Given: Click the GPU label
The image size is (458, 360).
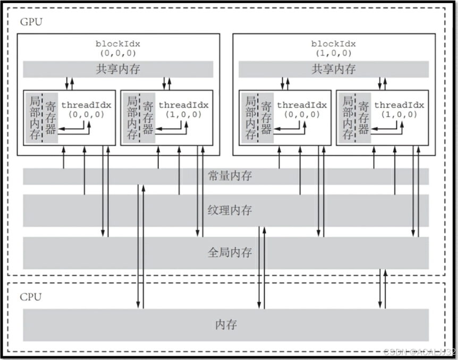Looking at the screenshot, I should [31, 22].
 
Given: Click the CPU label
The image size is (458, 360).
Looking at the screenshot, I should [30, 296].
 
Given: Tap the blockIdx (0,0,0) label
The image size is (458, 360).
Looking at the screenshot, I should [118, 48].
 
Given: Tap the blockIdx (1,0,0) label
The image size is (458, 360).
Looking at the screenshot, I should [333, 48].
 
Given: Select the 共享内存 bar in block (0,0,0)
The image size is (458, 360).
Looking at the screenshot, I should [118, 69].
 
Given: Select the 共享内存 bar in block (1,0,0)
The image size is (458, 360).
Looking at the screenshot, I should [333, 69].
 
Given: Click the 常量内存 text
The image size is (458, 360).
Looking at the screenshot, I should [230, 176].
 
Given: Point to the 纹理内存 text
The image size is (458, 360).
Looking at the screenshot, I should [230, 210].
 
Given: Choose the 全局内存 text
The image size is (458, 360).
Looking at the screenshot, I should [230, 252].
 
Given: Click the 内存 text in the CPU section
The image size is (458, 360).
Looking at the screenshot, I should [226, 324].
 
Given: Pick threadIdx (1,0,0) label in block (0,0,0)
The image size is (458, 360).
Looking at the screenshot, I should [183, 109].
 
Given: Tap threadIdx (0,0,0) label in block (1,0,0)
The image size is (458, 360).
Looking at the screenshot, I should [302, 109].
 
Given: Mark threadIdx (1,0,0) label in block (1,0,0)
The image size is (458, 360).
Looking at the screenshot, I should [399, 109].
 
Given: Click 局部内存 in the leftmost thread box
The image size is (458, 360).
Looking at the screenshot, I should [35, 118].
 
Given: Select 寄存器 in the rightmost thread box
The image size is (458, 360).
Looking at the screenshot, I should [364, 118].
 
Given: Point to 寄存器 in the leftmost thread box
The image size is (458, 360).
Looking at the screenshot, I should [50, 118].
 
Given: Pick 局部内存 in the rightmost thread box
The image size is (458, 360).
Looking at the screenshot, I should [348, 118].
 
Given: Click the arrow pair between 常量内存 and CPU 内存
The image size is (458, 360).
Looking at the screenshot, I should [140, 247].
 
